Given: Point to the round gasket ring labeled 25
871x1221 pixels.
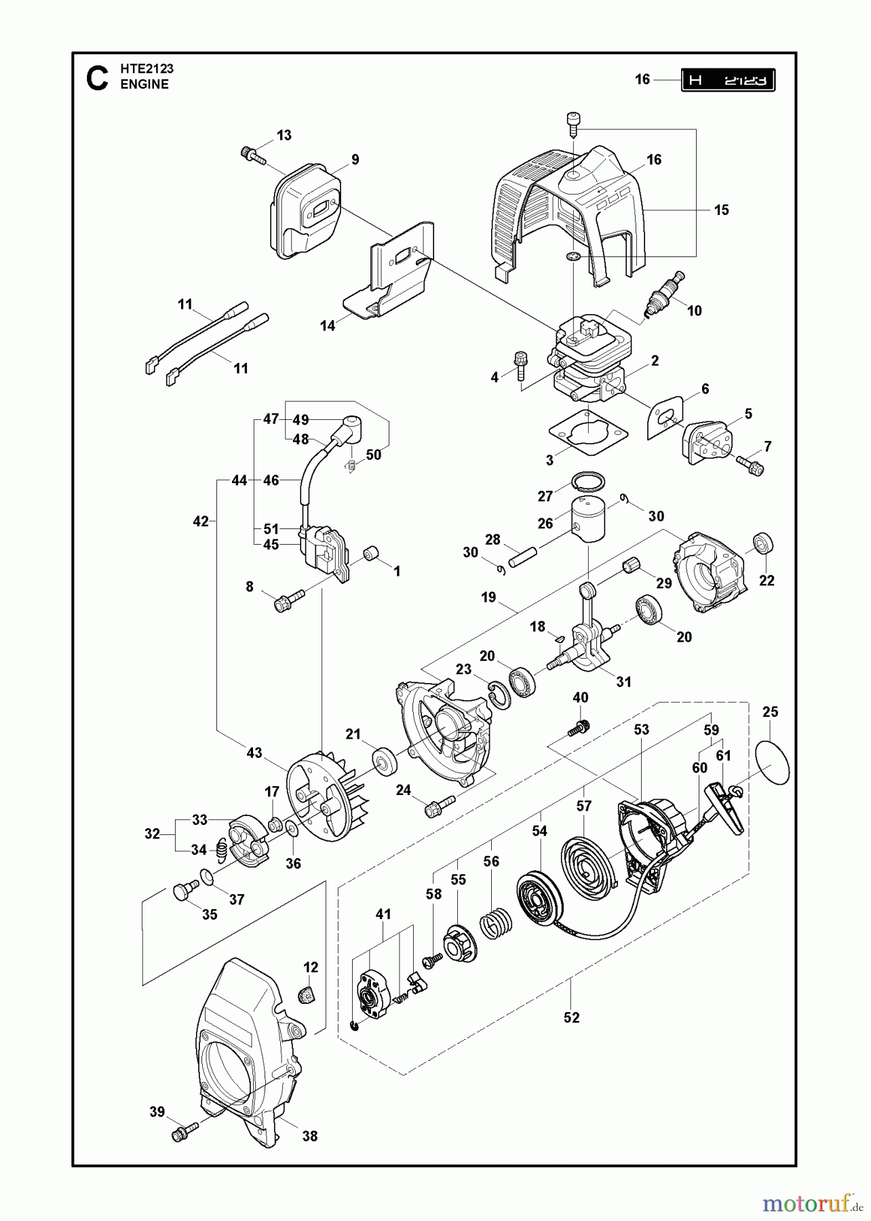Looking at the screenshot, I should tap(773, 764).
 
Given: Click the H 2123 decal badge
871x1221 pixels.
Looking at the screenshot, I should tap(728, 80).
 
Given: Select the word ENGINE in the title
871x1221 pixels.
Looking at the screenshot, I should tap(144, 85).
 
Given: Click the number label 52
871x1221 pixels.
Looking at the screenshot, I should tap(571, 1017).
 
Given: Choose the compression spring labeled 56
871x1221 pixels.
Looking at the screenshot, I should tap(497, 925).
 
